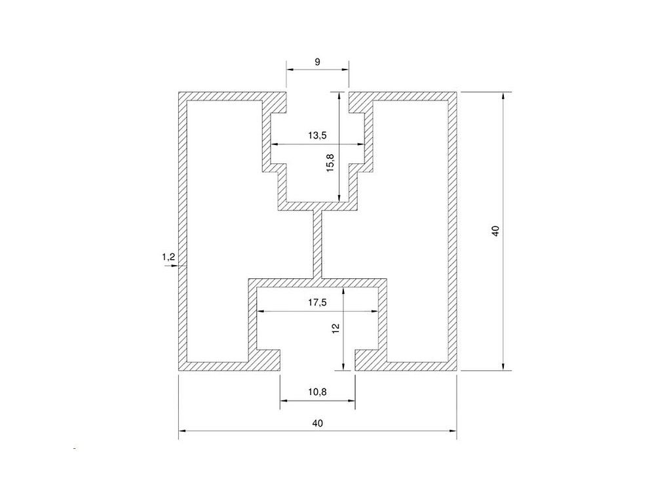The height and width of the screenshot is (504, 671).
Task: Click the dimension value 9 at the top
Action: click(317, 62)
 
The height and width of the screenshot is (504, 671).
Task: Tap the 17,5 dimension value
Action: click(317, 303)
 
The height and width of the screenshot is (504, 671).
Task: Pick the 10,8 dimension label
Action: click(317, 392)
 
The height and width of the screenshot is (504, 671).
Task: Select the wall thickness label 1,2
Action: click(168, 257)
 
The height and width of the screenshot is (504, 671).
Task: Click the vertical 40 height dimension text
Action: click(495, 231)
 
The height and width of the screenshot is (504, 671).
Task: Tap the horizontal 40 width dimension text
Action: click(318, 423)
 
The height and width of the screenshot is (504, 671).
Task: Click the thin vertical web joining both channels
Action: click(318, 243)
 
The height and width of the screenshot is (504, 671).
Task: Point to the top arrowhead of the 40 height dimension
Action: click(503, 96)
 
